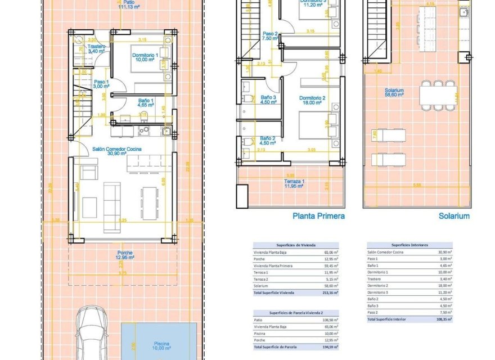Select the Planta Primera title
click(318, 215)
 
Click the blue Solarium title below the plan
click(455, 215)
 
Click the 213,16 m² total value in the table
click(332, 293)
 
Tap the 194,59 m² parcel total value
click(332, 346)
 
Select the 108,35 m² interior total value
click(444, 319)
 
